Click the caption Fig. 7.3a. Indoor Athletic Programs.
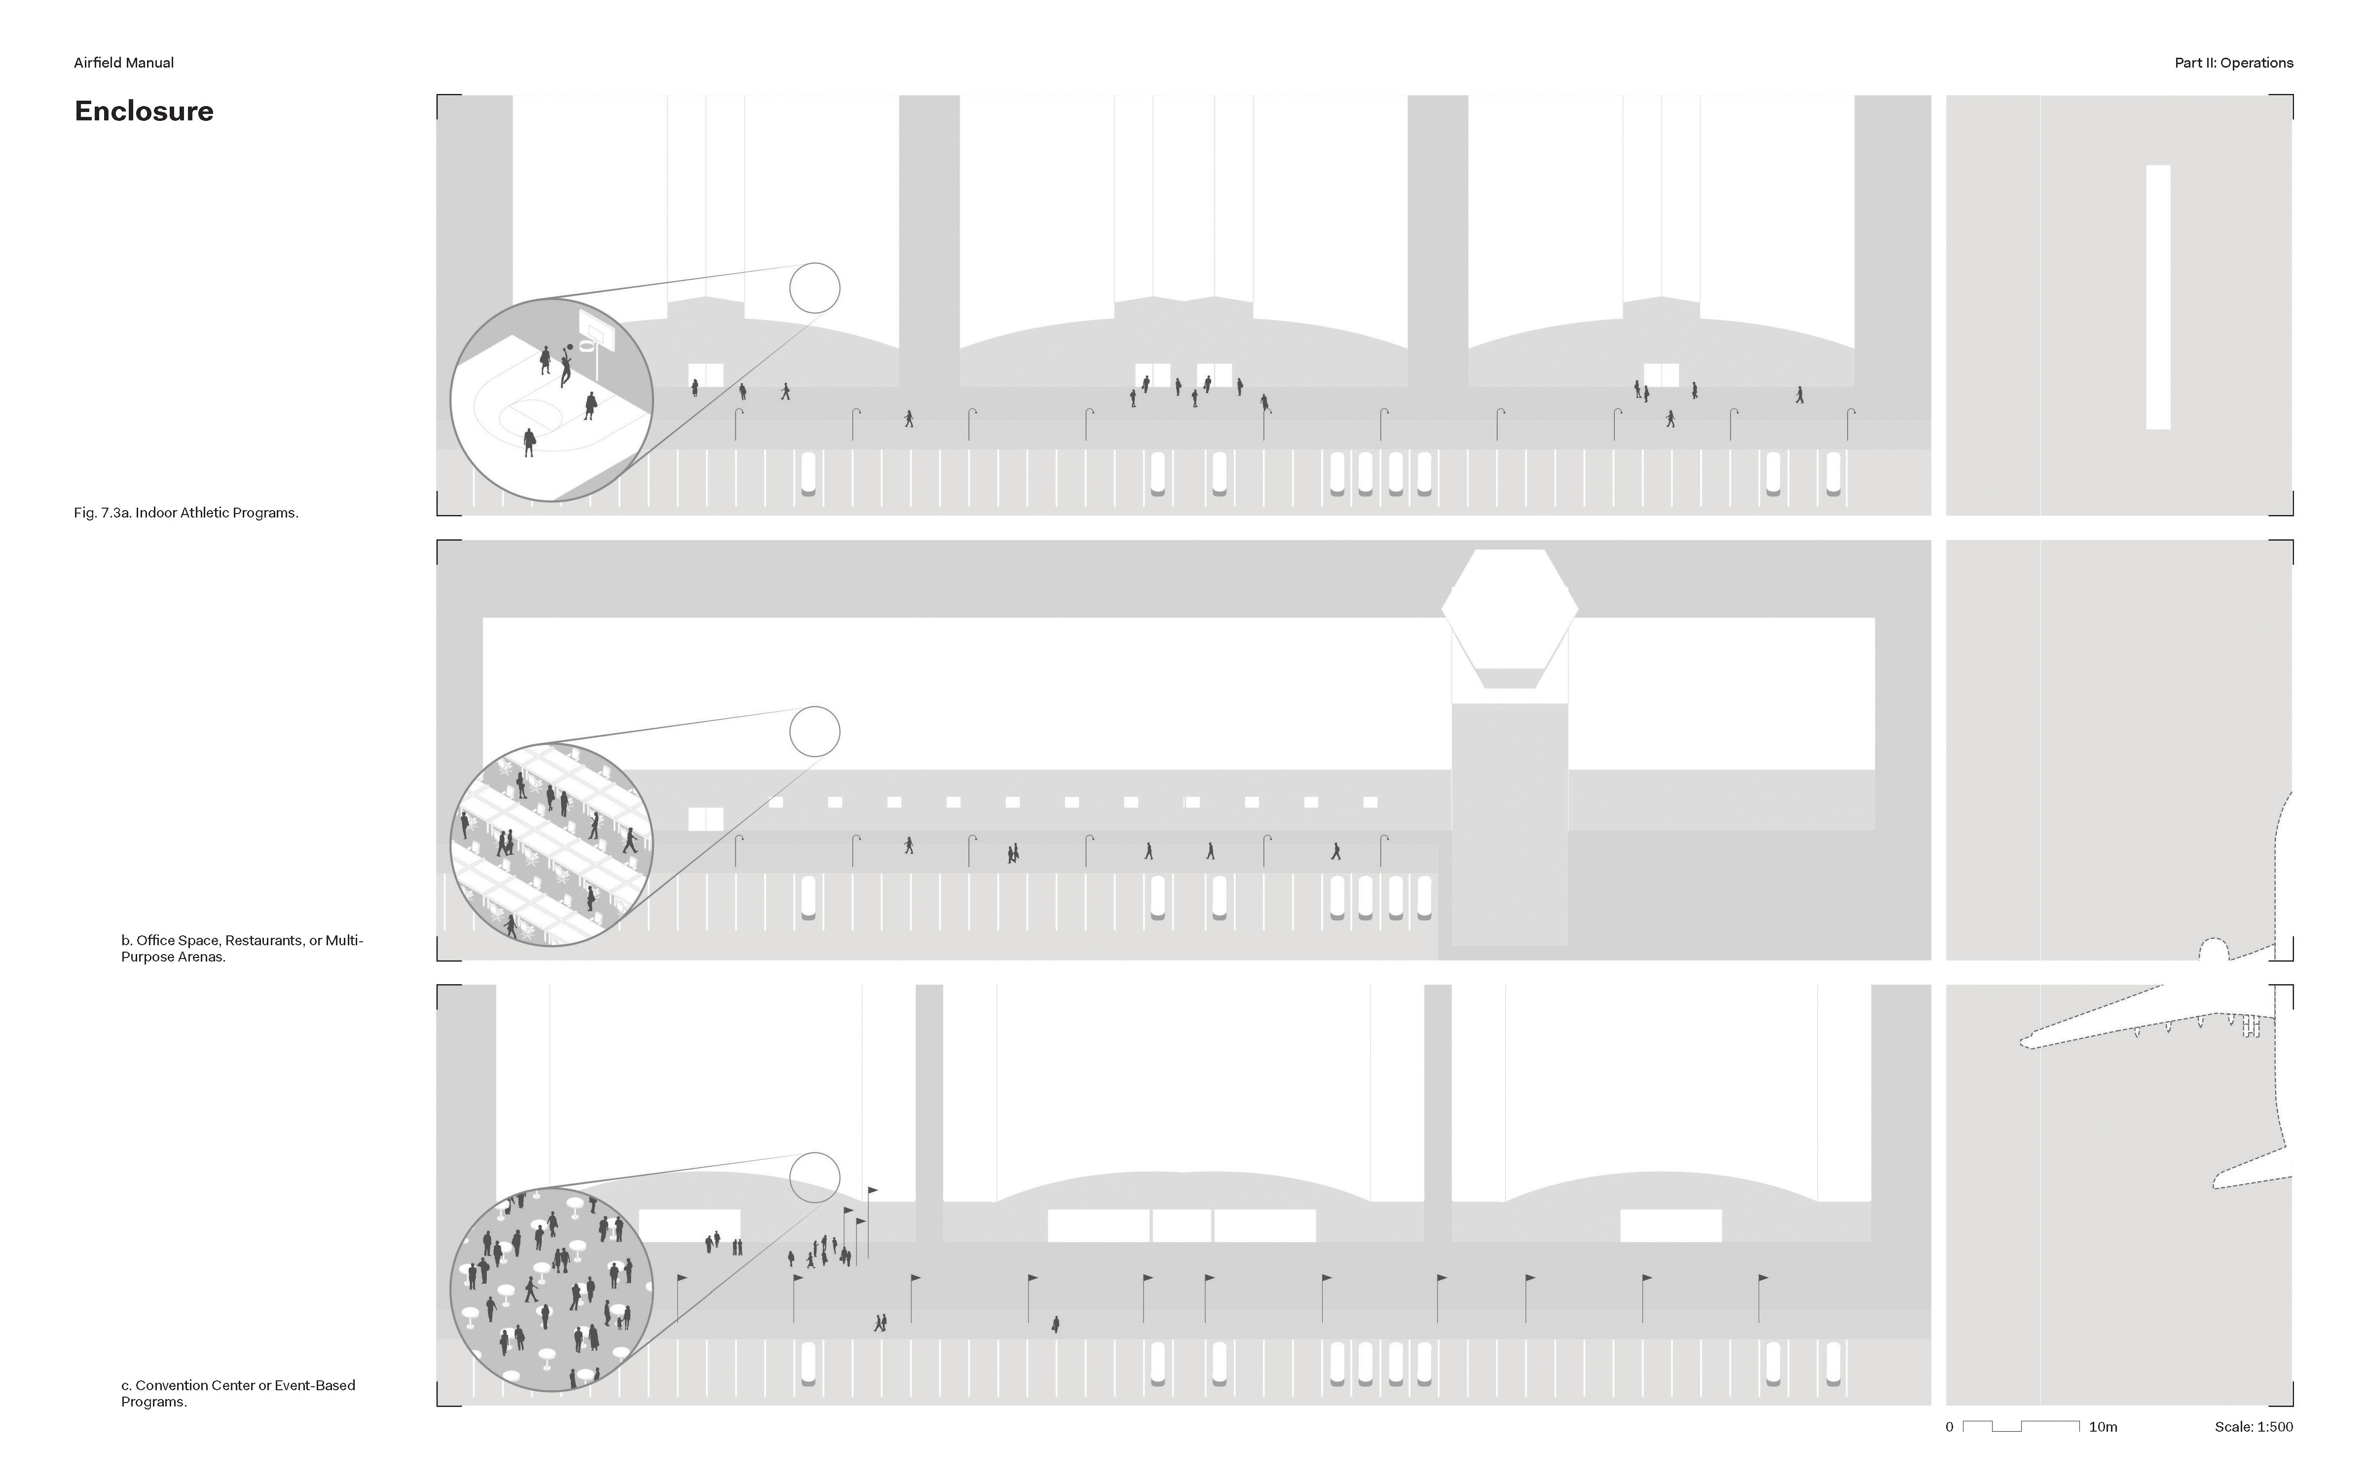coord(186,513)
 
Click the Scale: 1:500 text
coord(2254,1427)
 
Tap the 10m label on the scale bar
coord(2103,1427)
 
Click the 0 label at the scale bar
coord(1949,1427)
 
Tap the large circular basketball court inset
coord(551,401)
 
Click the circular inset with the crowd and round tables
coord(551,1289)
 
